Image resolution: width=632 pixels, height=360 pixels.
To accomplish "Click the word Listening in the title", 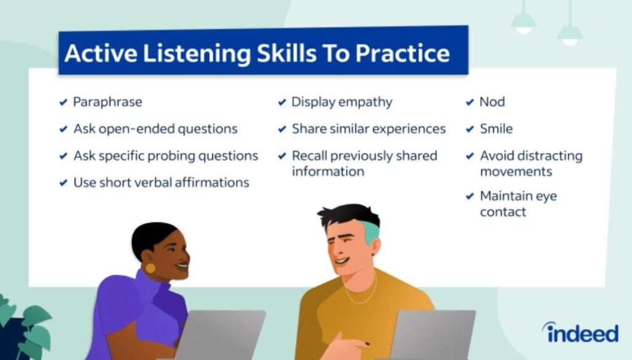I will click(196, 54).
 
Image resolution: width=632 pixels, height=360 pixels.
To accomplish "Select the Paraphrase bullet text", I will click(107, 102).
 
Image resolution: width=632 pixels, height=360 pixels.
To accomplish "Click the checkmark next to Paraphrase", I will click(63, 103).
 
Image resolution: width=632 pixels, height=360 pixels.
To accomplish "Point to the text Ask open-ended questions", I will click(155, 129).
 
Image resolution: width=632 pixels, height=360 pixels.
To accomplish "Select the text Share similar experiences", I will click(368, 129).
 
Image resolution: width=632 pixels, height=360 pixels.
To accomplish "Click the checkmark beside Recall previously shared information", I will click(281, 156).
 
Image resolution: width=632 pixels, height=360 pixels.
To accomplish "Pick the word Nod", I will click(492, 102).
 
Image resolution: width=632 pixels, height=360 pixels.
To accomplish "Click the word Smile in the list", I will click(496, 129).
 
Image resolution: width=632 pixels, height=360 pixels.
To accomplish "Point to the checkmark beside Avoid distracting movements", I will click(470, 156).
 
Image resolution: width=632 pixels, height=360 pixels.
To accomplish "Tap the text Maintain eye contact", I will click(518, 204).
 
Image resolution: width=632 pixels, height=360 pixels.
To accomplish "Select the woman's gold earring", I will click(151, 269).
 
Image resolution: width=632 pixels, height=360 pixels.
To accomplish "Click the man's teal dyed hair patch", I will click(372, 231).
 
